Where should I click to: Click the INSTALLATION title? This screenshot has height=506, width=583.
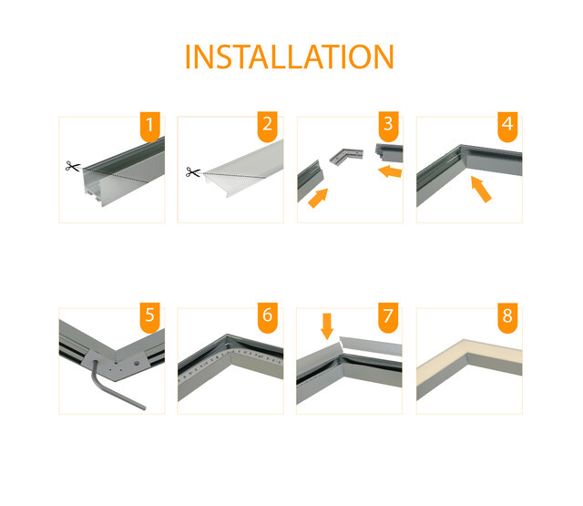(x=289, y=57)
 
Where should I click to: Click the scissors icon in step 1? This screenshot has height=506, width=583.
(x=72, y=167)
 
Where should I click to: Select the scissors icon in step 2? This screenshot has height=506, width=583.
(x=192, y=171)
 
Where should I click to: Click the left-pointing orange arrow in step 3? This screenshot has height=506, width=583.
(x=391, y=170)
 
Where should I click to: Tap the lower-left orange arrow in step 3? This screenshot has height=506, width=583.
(x=317, y=197)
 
